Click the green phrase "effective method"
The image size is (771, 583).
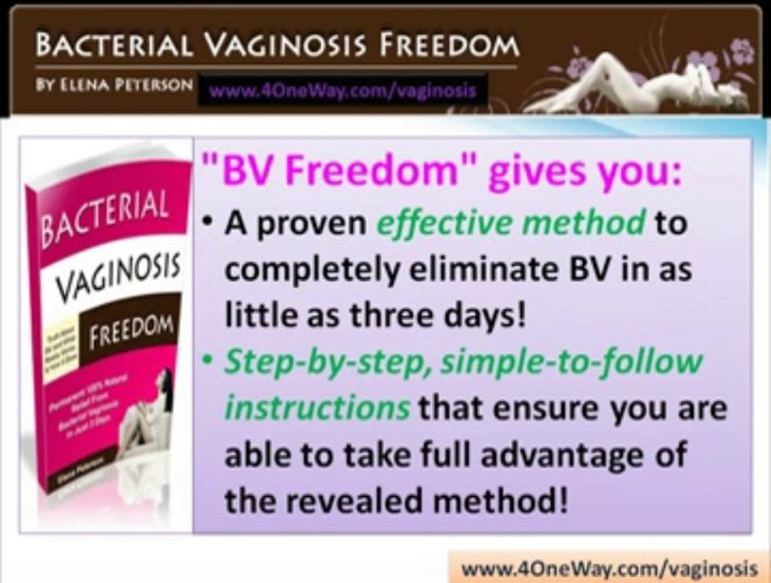pos(510,224)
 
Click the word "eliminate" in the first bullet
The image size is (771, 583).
pos(476,269)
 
